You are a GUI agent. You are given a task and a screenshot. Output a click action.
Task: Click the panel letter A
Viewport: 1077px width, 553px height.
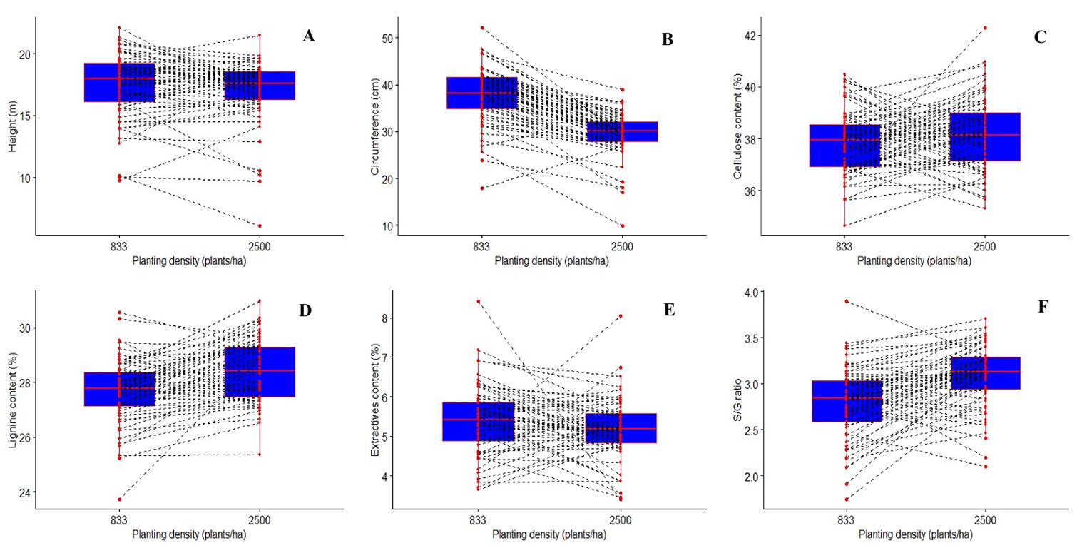[x=308, y=36]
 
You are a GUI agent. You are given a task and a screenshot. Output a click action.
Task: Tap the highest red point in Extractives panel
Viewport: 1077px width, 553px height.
[x=479, y=301]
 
